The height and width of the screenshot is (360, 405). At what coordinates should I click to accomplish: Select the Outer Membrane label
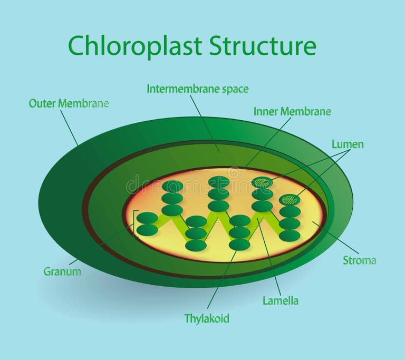pos(69,103)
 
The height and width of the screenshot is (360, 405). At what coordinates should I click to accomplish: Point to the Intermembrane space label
pos(197,89)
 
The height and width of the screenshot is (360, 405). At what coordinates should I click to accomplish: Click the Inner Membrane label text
pos(292,111)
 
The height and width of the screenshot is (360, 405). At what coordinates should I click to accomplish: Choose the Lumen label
pos(348,144)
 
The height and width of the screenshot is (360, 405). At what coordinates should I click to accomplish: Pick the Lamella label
pos(280,301)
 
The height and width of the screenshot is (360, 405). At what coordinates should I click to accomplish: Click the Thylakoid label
pos(207,318)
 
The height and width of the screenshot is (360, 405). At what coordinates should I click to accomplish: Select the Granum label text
pos(62,272)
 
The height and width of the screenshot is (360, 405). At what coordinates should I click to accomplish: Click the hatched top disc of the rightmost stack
pos(290,200)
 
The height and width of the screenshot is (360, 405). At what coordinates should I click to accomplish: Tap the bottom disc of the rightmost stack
pos(290,236)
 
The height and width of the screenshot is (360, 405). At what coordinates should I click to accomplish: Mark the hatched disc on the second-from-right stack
pos(262,182)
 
